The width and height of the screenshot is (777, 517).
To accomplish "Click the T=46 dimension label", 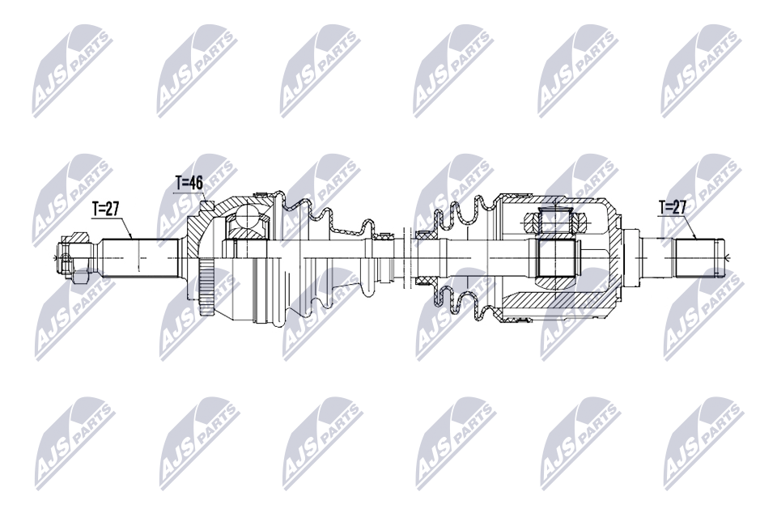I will [x=189, y=184].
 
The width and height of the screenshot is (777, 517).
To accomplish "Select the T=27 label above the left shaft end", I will [x=105, y=209].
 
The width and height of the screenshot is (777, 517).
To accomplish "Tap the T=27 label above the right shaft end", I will [x=673, y=207].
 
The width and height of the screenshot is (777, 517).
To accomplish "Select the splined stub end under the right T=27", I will [x=698, y=256].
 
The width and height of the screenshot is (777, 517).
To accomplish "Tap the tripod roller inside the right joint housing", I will [x=555, y=219].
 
